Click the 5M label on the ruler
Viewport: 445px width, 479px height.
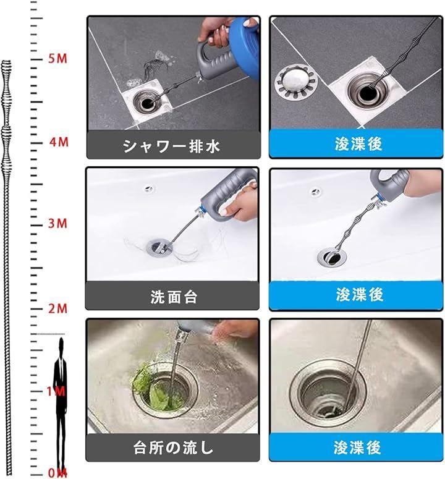point(57,58)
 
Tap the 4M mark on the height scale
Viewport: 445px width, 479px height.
point(59,142)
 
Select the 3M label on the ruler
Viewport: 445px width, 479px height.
point(57,223)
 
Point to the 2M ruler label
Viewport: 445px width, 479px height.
point(57,308)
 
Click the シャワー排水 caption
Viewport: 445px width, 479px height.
point(171,146)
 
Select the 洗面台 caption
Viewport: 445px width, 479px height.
point(174,297)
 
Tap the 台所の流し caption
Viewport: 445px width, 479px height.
point(173,447)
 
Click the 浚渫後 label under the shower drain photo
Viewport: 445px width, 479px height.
point(358,143)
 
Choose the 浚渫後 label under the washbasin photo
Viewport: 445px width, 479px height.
point(360,294)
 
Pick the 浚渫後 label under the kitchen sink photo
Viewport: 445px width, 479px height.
point(357,447)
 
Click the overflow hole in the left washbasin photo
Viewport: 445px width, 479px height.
point(149,189)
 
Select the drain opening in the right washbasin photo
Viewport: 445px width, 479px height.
point(331,257)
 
